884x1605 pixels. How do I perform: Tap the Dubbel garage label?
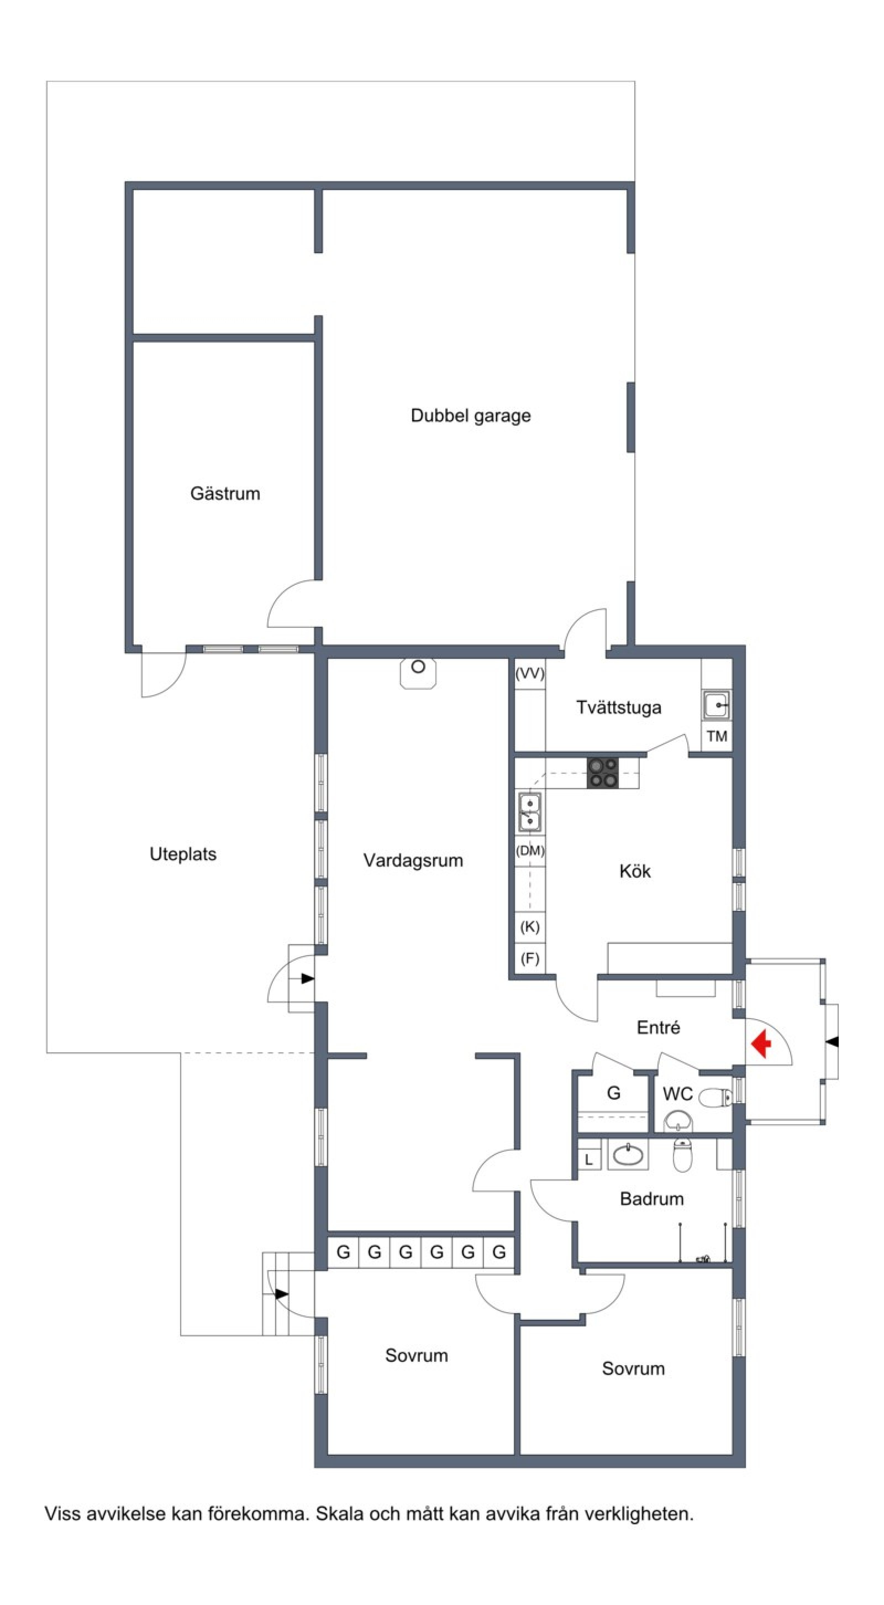click(470, 416)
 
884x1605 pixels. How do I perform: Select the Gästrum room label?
click(225, 494)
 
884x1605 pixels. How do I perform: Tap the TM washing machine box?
click(717, 737)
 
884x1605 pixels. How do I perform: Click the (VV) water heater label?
click(529, 674)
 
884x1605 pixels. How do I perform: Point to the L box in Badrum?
click(589, 1160)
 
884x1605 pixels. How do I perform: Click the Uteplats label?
click(183, 854)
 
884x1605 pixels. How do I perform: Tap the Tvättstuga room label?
click(619, 708)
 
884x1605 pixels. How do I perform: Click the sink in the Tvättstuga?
click(717, 705)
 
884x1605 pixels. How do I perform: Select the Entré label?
click(659, 1027)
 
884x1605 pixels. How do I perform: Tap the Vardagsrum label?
click(413, 861)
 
